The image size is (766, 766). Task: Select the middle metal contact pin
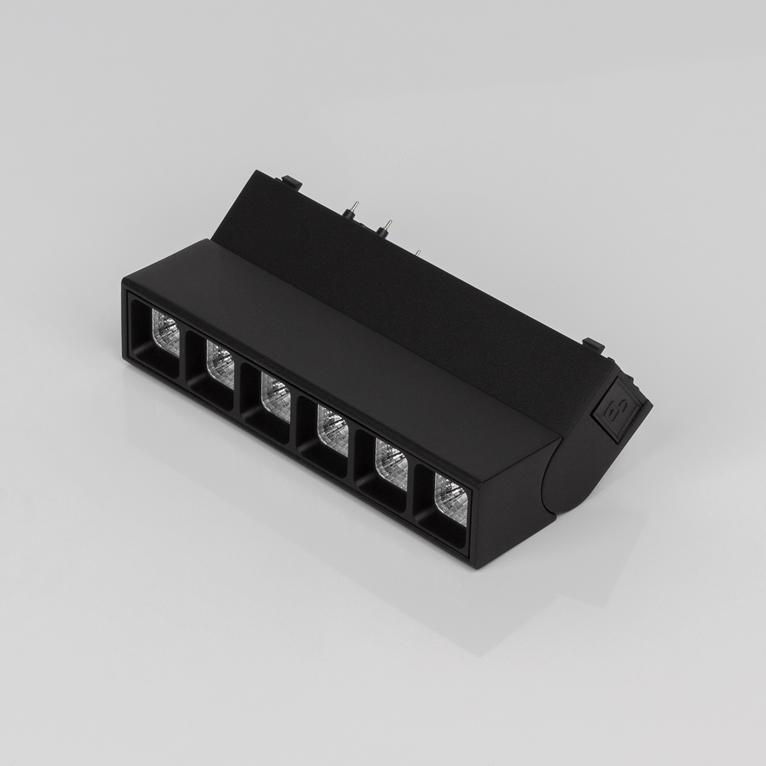[x=385, y=225]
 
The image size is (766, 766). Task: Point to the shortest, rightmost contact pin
[x=419, y=253]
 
